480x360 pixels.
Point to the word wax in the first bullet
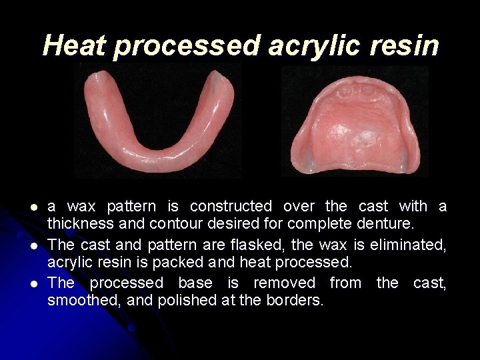[x=81, y=207]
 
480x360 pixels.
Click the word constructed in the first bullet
[x=231, y=207]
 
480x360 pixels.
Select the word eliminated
[x=408, y=245]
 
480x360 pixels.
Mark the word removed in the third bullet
[x=281, y=283]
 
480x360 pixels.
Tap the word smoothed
[x=84, y=299]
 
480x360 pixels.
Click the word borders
[x=299, y=299]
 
